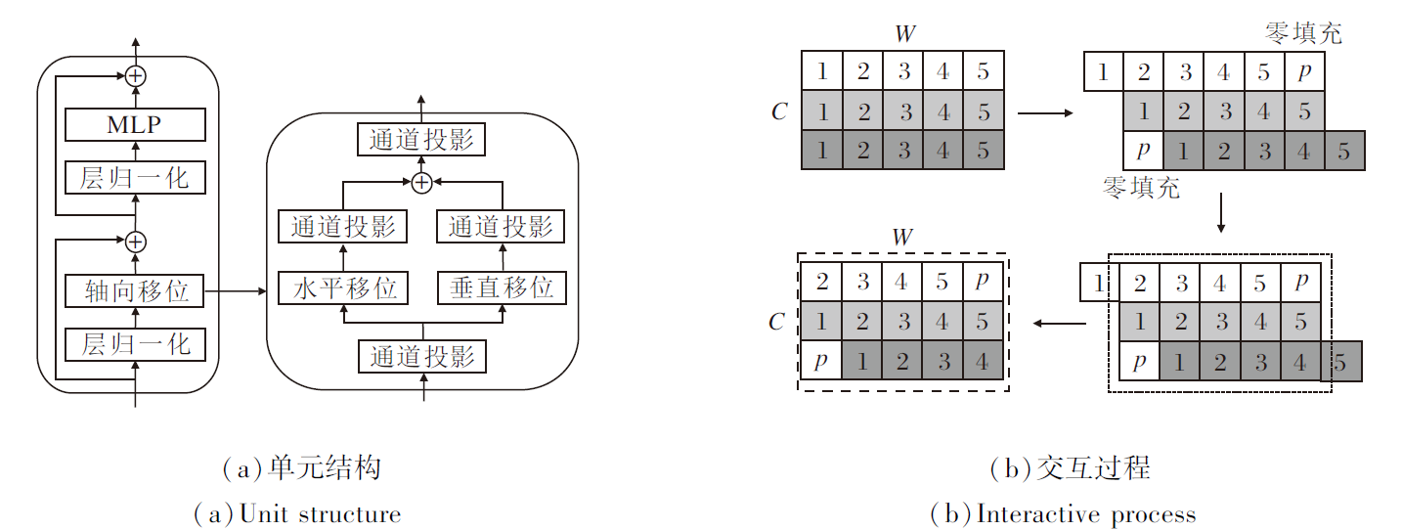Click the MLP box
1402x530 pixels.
[134, 124]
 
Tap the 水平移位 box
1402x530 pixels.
[343, 287]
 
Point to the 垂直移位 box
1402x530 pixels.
[502, 287]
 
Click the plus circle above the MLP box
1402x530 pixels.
[135, 74]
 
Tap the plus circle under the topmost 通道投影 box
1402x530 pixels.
[421, 182]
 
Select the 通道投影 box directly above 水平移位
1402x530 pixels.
[343, 227]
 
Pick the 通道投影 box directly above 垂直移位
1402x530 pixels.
[502, 227]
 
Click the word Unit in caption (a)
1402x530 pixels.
[264, 513]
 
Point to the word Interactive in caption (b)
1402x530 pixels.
[1026, 513]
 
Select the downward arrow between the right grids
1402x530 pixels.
[1221, 213]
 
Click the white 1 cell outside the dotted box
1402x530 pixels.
[1095, 285]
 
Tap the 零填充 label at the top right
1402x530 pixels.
[1303, 33]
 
